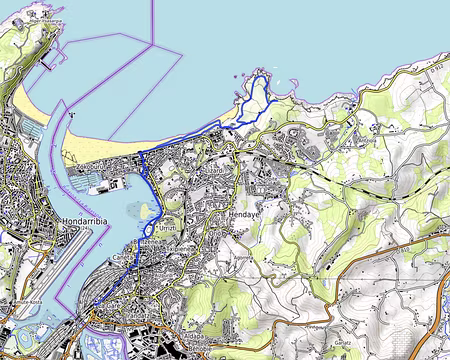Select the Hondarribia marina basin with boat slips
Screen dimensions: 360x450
pyautogui.click(x=30, y=131)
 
